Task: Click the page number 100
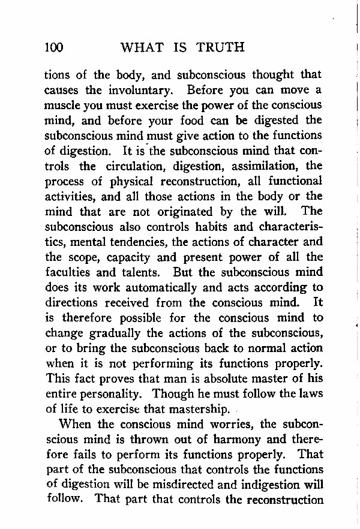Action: (53, 47)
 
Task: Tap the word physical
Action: (138, 181)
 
